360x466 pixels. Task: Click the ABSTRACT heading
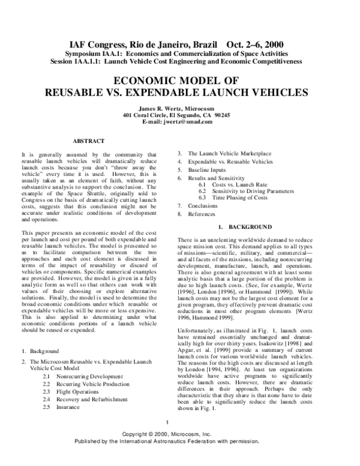tap(89, 141)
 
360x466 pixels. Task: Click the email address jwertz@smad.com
tap(180, 122)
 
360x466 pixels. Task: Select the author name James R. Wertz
tap(180, 107)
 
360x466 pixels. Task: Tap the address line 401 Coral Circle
tap(180, 115)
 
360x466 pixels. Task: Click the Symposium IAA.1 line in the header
tap(179, 53)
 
